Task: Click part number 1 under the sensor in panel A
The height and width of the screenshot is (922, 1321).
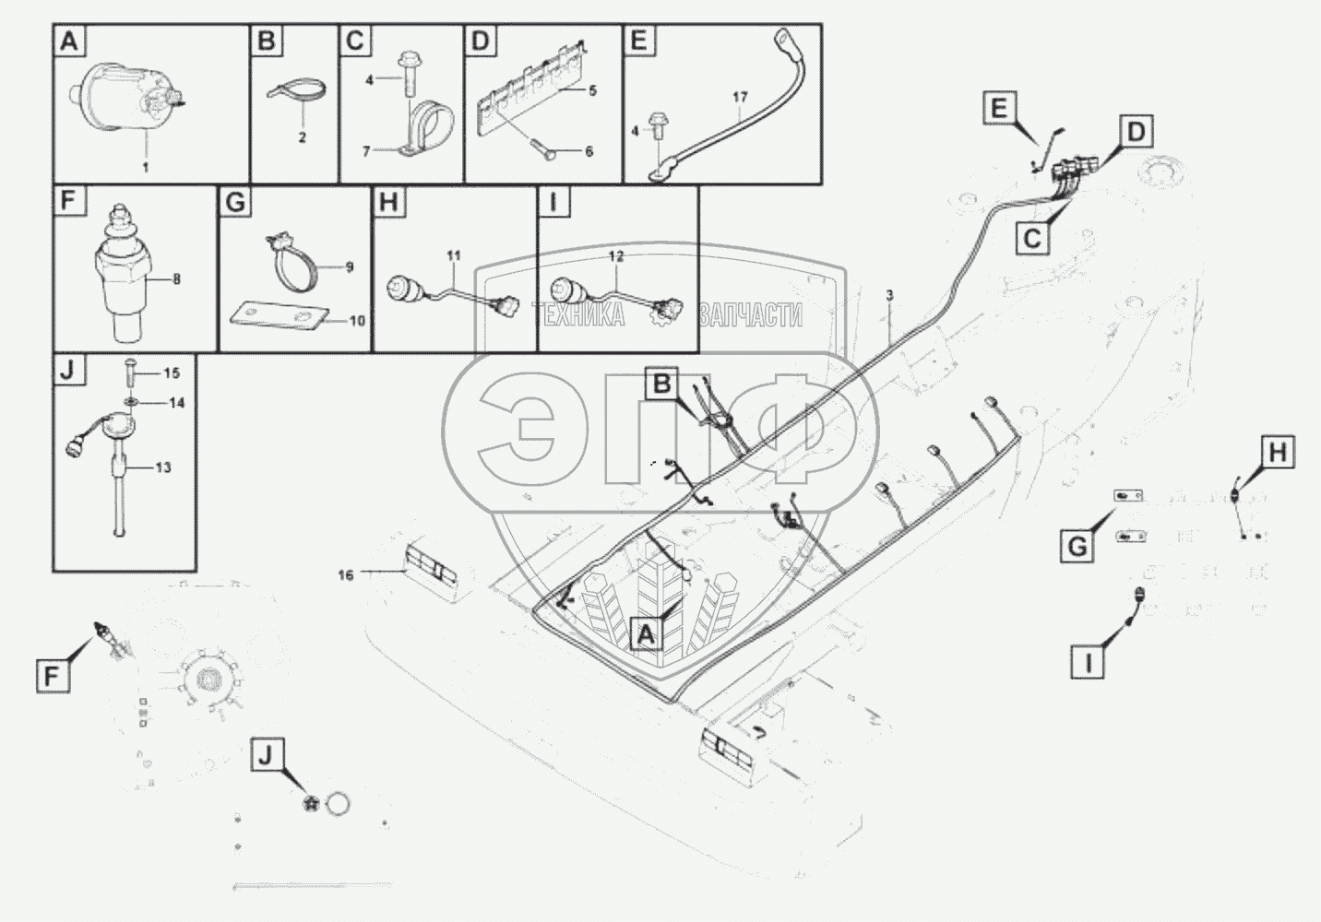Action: pyautogui.click(x=145, y=167)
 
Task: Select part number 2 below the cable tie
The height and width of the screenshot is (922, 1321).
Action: pyautogui.click(x=302, y=138)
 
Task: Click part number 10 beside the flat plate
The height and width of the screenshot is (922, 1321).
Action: pyautogui.click(x=357, y=321)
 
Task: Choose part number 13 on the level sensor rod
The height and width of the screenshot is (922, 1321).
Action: pyautogui.click(x=162, y=467)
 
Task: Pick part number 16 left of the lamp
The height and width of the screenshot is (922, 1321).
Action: pyautogui.click(x=346, y=574)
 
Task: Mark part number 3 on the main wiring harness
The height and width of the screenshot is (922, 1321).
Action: pyautogui.click(x=888, y=295)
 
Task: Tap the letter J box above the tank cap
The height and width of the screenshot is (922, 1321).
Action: pyautogui.click(x=265, y=756)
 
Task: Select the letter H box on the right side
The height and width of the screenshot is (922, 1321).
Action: pyautogui.click(x=1278, y=453)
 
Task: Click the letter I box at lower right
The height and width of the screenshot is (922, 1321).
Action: pyautogui.click(x=1089, y=662)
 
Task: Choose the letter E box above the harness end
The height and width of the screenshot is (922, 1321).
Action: pyautogui.click(x=999, y=109)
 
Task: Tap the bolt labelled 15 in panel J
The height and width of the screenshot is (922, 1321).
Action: pyautogui.click(x=128, y=373)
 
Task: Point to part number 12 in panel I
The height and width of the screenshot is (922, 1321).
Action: pyautogui.click(x=615, y=254)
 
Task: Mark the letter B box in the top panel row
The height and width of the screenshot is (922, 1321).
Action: pyautogui.click(x=266, y=41)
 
